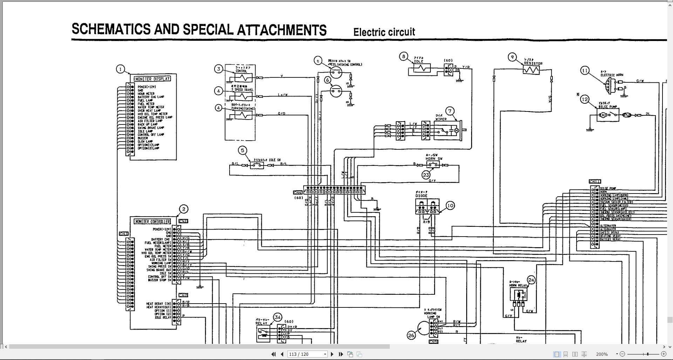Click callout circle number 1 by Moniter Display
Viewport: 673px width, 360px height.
[x=121, y=69]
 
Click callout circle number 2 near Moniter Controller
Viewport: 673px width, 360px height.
[x=184, y=209]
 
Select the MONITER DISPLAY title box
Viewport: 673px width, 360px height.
[x=152, y=79]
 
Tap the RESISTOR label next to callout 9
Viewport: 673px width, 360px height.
[x=533, y=63]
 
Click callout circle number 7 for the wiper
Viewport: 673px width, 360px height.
[x=450, y=111]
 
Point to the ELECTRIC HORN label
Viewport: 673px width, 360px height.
[x=612, y=75]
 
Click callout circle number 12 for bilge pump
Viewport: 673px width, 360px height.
[x=585, y=99]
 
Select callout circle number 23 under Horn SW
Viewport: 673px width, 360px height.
[x=426, y=175]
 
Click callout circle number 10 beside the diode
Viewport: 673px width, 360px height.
[x=450, y=206]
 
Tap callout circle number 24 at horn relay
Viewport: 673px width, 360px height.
[x=531, y=280]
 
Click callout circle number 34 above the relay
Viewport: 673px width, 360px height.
[x=278, y=318]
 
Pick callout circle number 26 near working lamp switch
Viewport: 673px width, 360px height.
[x=411, y=335]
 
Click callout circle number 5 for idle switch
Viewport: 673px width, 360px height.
[x=243, y=151]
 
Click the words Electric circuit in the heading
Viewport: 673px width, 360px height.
[x=384, y=32]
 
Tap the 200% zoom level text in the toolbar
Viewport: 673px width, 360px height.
[x=602, y=354]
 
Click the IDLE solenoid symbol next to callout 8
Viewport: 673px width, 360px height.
[x=421, y=68]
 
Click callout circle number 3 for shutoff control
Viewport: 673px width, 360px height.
[x=219, y=69]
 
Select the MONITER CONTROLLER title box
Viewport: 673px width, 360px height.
[x=152, y=222]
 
